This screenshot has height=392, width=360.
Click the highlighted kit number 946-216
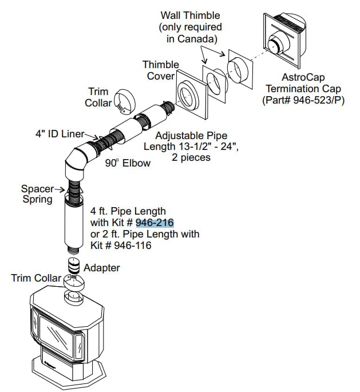pyautogui.click(x=155, y=223)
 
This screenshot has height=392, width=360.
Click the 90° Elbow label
pyautogui.click(x=128, y=163)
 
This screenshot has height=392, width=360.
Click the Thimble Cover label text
pyautogui.click(x=161, y=70)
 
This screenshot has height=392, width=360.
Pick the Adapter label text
pyautogui.click(x=102, y=268)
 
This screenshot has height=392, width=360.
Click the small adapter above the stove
pyautogui.click(x=73, y=265)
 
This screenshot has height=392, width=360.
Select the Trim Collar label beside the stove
pyautogui.click(x=35, y=278)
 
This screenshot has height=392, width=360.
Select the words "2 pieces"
pyautogui.click(x=192, y=158)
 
